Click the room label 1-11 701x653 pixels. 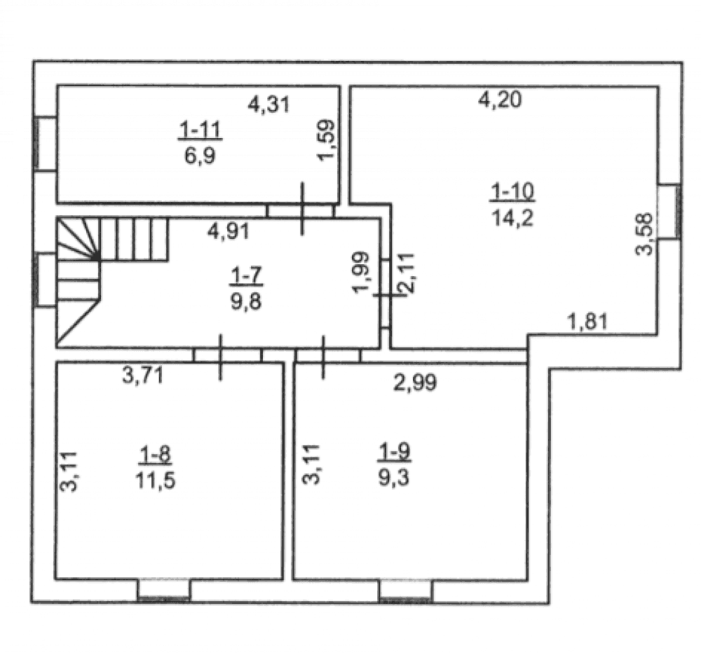[x=200, y=130]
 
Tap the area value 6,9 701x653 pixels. [x=200, y=156]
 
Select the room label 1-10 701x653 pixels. [x=512, y=192]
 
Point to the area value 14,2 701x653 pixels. [x=512, y=218]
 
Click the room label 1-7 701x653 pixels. [x=246, y=276]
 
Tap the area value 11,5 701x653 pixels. [x=156, y=481]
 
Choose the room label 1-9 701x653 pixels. [x=394, y=453]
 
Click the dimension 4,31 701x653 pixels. [x=268, y=105]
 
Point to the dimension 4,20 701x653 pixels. [x=500, y=99]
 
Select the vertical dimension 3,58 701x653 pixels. [x=644, y=234]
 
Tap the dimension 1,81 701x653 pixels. [x=587, y=322]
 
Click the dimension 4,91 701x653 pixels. [x=229, y=231]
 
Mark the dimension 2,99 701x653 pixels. [x=415, y=383]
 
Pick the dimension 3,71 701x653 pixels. [x=142, y=376]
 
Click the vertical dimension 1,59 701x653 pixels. [x=326, y=139]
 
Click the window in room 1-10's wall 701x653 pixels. [x=669, y=212]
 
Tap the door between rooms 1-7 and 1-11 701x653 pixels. [x=301, y=210]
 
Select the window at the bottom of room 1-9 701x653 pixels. [x=405, y=591]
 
